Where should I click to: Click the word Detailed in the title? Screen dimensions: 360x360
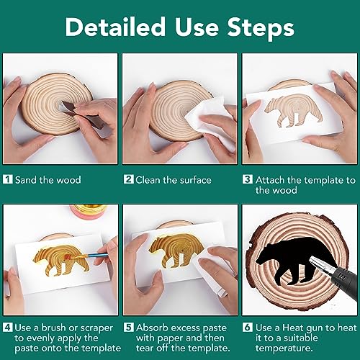pyautogui.click(x=115, y=27)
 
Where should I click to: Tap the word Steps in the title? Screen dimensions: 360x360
pyautogui.click(x=261, y=27)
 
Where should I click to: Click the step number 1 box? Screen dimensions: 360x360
pyautogui.click(x=8, y=179)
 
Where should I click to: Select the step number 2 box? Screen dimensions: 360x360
pyautogui.click(x=129, y=179)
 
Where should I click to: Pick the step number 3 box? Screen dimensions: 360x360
pyautogui.click(x=248, y=179)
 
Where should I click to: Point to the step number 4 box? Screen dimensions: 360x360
pyautogui.click(x=8, y=327)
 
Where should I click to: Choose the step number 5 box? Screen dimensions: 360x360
pyautogui.click(x=129, y=327)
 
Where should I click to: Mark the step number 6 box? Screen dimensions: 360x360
pyautogui.click(x=248, y=327)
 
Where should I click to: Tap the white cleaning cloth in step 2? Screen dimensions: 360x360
pyautogui.click(x=211, y=122)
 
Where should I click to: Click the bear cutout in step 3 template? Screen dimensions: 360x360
pyautogui.click(x=293, y=111)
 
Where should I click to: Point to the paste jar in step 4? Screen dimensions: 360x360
pyautogui.click(x=89, y=211)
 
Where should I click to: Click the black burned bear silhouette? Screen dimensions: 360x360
pyautogui.click(x=296, y=261)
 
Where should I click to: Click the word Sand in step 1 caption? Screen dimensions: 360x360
pyautogui.click(x=26, y=180)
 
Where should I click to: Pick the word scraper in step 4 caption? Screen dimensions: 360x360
pyautogui.click(x=96, y=328)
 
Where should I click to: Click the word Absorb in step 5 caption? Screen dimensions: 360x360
pyautogui.click(x=152, y=328)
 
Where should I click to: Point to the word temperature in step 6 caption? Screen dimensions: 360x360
pyautogui.click(x=284, y=348)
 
